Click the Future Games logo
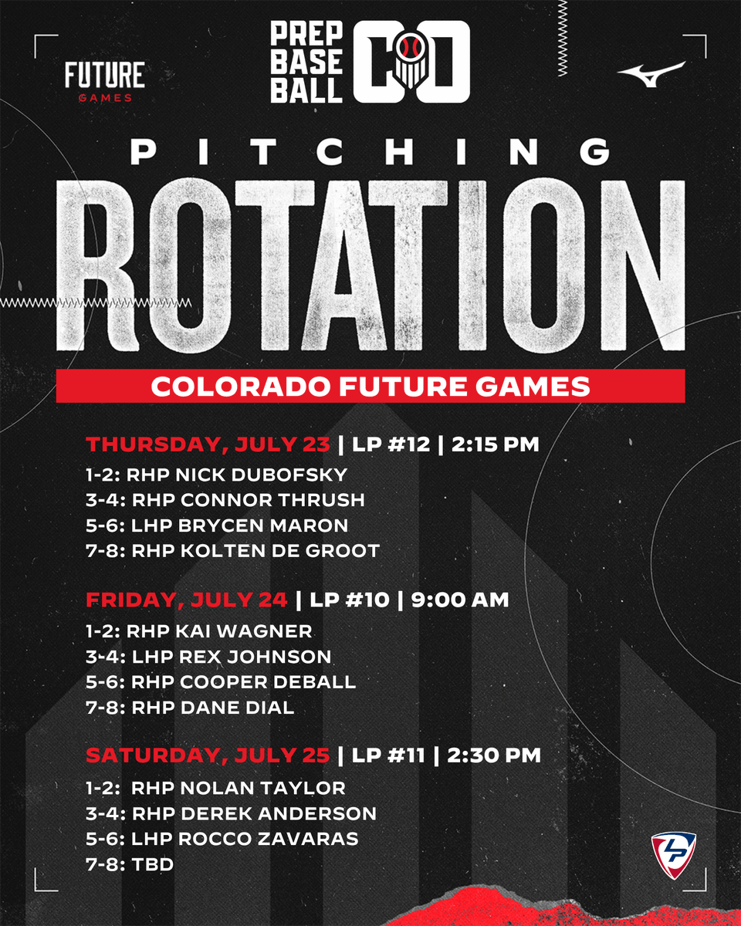coord(105,82)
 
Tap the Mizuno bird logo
coord(651,74)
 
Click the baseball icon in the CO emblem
coord(408,47)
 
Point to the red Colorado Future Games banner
coord(370,386)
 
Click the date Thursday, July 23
coord(208,444)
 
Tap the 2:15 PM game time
coord(495,444)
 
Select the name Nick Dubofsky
coord(262,475)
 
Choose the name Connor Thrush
coord(272,500)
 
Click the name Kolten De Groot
coord(280,551)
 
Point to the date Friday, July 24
coord(187,600)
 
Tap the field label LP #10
coord(349,600)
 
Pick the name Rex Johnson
coord(255,657)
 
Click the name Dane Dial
coord(237,708)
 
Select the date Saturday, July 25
coord(208,755)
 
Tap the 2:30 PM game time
coord(494,755)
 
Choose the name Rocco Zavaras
coord(269,838)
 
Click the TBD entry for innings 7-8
coord(152,864)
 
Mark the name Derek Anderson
coord(279,813)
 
